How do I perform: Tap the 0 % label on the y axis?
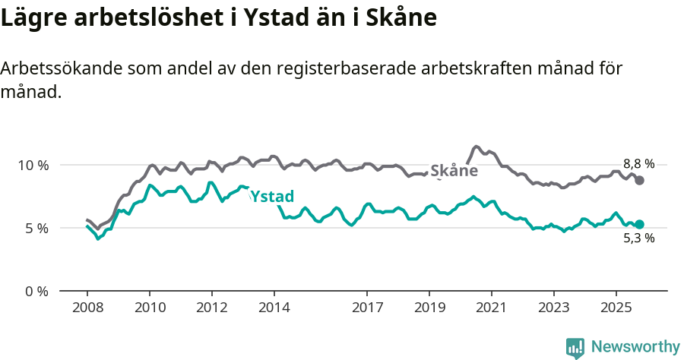[34, 291]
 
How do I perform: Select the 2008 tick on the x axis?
[87, 308]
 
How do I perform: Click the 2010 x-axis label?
[150, 308]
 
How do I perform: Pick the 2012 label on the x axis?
[212, 308]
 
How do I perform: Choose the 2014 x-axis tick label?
[274, 308]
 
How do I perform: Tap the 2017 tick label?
[367, 308]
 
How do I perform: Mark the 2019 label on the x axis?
[429, 308]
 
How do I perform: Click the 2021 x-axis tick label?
[492, 308]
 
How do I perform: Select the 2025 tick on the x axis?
[616, 308]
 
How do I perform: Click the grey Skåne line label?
[454, 171]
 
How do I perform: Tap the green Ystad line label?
[271, 197]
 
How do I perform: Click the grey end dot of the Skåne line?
[640, 180]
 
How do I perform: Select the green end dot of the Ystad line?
[640, 224]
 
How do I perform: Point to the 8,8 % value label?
[638, 164]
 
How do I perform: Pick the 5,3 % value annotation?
[638, 238]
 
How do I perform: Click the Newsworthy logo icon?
[575, 347]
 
